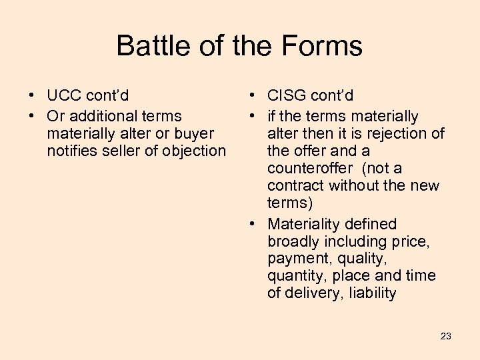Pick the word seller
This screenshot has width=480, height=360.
pyautogui.click(x=123, y=151)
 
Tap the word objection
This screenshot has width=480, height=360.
pyautogui.click(x=195, y=151)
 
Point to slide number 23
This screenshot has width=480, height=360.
pyautogui.click(x=446, y=336)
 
